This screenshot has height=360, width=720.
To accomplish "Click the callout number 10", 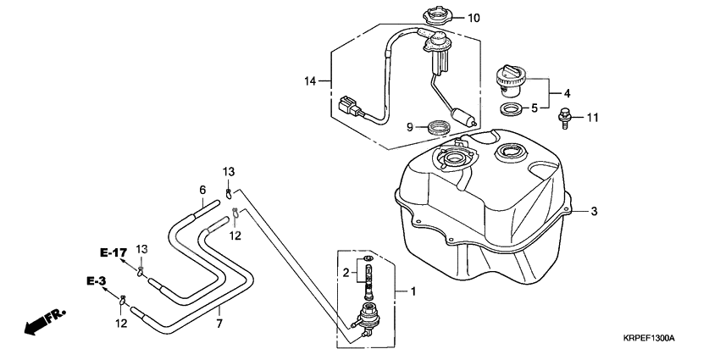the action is tap(474, 19).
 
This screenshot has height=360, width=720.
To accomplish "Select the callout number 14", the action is tap(310, 81).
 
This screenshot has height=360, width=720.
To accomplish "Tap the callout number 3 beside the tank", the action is tap(594, 212).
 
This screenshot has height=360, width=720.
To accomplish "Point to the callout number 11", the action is tap(593, 118).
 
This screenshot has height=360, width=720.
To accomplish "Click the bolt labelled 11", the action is tap(564, 119).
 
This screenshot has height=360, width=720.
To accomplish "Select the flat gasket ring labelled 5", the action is tap(510, 110).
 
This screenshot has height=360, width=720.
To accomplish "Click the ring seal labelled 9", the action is tap(438, 127).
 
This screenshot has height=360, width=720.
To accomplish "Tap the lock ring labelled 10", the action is tap(438, 15).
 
